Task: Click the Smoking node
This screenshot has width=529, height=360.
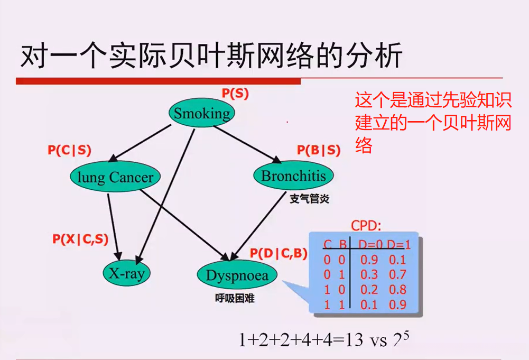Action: pos(202,113)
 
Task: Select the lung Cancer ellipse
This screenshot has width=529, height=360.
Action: pos(115,177)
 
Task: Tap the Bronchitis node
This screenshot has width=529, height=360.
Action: pos(293,176)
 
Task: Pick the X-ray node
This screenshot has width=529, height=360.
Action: pos(126,273)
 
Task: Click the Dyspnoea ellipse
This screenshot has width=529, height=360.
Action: pos(237,275)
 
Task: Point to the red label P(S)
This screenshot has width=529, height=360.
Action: pos(235,94)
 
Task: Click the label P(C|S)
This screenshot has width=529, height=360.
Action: pos(69,150)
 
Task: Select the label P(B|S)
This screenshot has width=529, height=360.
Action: pos(318,150)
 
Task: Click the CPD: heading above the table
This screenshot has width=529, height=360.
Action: pos(366,226)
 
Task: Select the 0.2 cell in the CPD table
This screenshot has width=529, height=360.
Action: pos(368,289)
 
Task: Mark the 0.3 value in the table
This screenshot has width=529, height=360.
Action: pos(368,274)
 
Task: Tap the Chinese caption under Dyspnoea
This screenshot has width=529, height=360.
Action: pos(235,298)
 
